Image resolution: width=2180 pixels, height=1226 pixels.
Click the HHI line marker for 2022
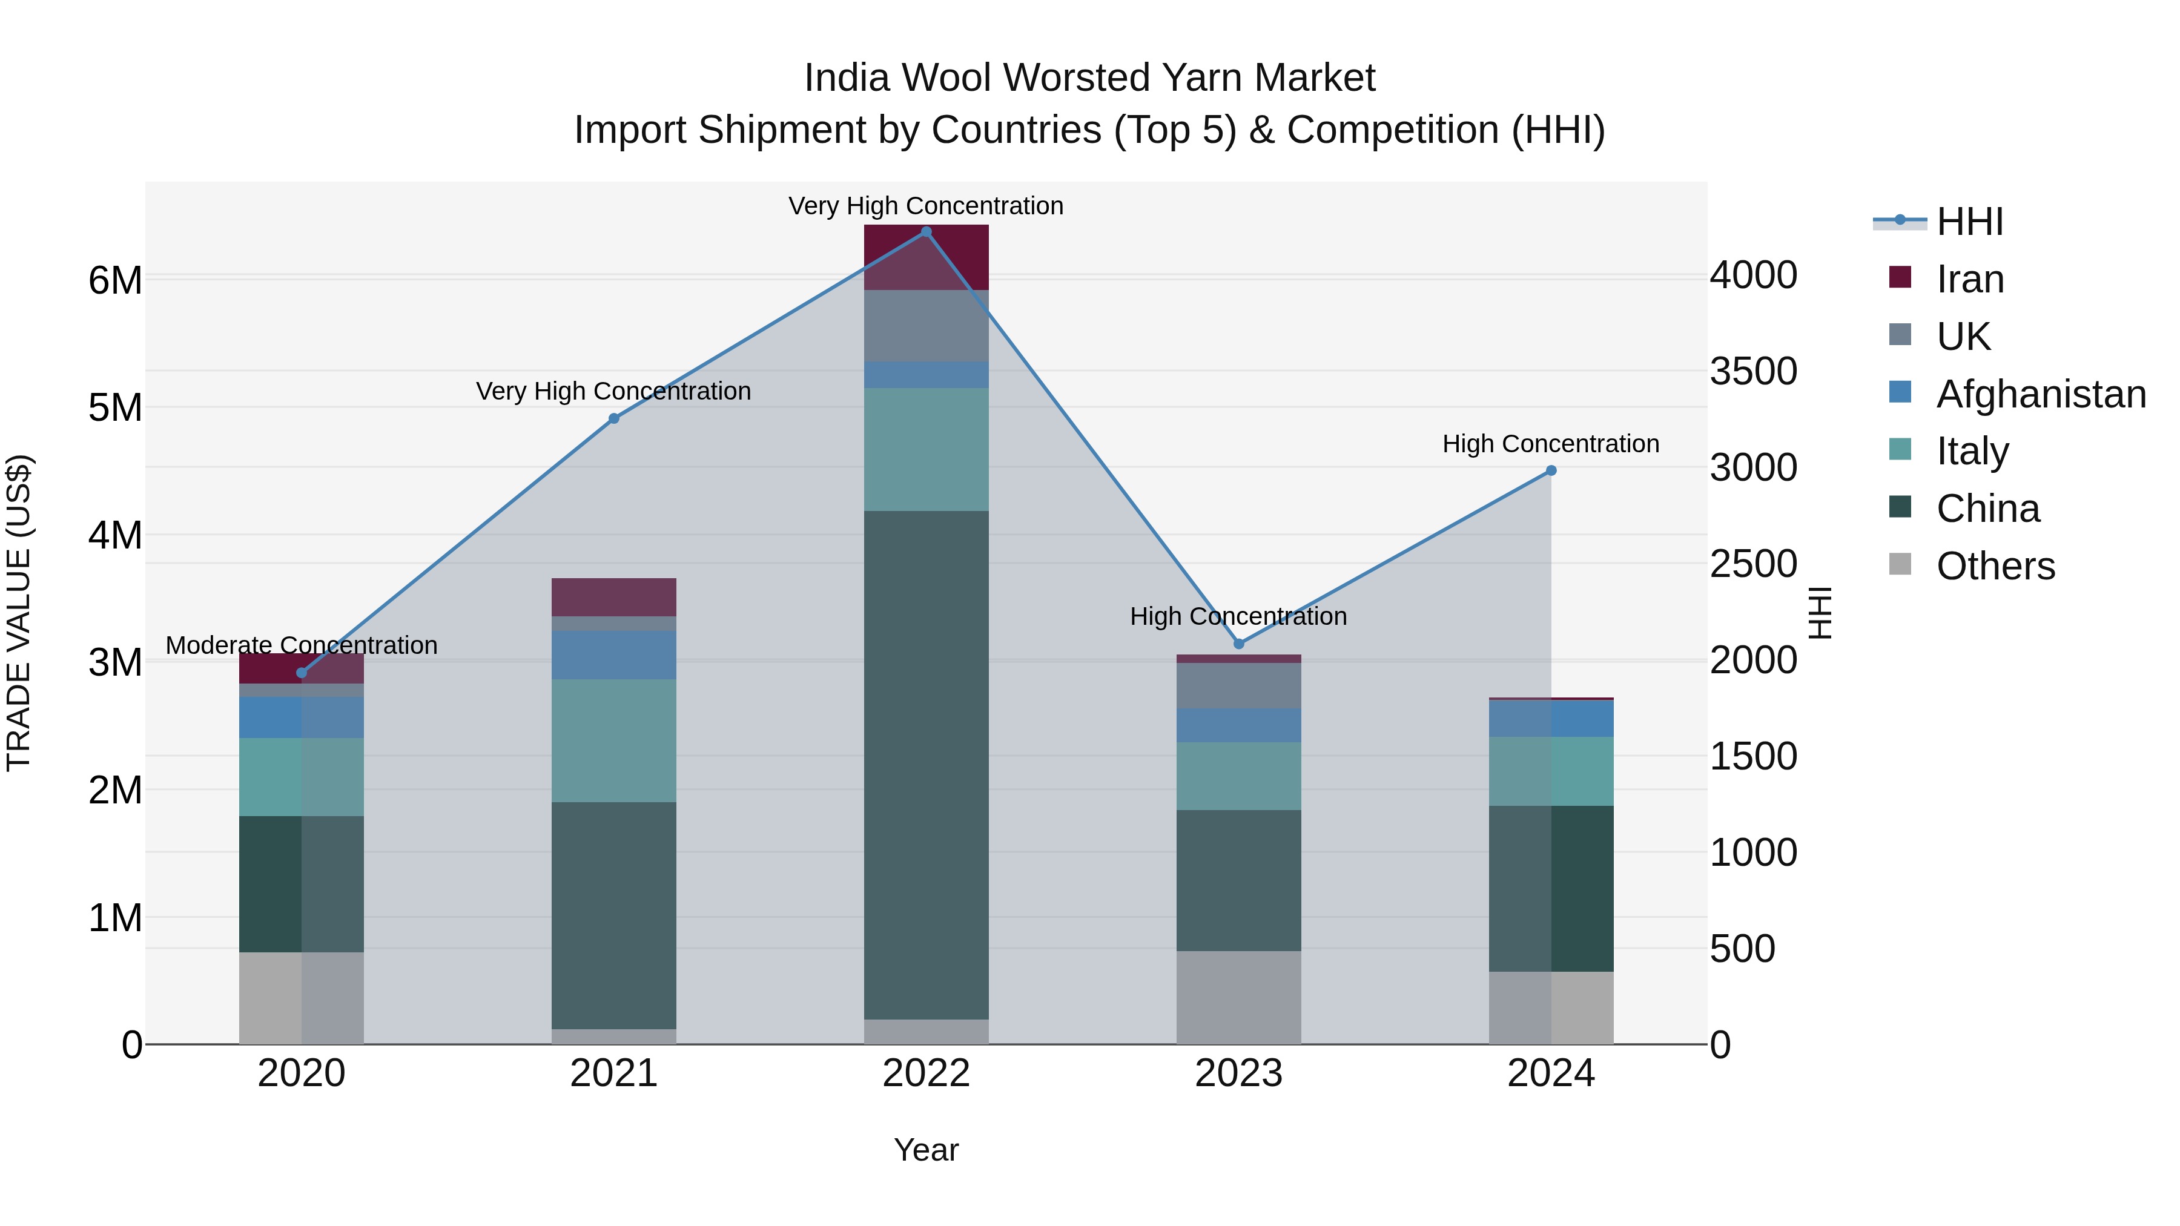tap(926, 232)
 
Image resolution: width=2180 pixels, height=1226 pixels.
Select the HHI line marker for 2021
tap(613, 419)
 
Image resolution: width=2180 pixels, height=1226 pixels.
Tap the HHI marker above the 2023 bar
tap(1239, 644)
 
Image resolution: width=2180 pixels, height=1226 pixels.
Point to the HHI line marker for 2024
tap(1551, 470)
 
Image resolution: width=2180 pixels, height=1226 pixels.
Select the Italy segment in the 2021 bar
tap(613, 740)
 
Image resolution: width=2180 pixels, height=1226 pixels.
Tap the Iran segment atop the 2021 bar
tap(613, 598)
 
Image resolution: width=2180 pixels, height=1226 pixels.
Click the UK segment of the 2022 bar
tap(926, 326)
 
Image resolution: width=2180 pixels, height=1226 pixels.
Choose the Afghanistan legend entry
tap(2040, 394)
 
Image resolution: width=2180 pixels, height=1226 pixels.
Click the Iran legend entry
tap(1970, 279)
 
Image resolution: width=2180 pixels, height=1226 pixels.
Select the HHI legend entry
tap(1969, 222)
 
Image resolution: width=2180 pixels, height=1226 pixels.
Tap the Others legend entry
tap(1995, 566)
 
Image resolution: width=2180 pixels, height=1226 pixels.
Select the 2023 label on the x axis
tap(1239, 1073)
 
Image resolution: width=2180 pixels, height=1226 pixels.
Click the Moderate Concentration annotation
tap(302, 645)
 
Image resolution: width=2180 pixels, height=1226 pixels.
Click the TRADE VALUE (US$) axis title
tap(19, 613)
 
